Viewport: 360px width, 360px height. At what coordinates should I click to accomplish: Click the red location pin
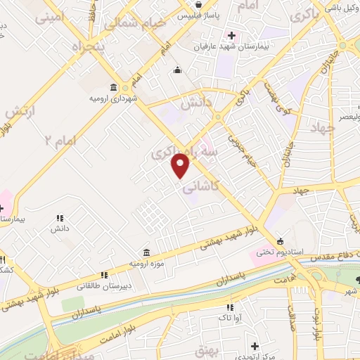pos(181,165)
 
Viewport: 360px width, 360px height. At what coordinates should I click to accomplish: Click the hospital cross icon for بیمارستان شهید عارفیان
pos(232,36)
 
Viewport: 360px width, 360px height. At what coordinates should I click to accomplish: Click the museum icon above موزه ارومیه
pos(146,252)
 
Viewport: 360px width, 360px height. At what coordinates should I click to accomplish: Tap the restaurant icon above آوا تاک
pos(230,307)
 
